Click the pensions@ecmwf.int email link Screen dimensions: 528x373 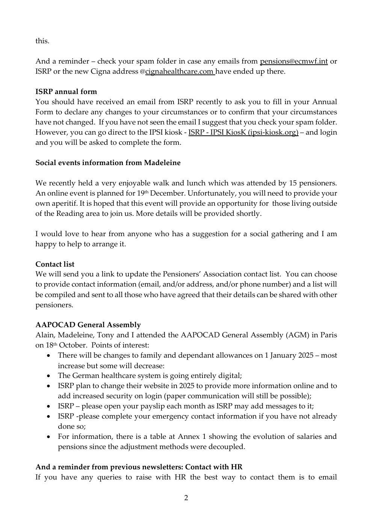pos(294,61)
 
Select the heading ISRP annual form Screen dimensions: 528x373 pos(66,92)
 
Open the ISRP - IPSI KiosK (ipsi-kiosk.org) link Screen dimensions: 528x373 pos(243,132)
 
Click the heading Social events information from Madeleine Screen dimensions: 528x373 pos(108,163)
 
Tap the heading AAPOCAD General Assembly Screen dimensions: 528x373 pos(88,325)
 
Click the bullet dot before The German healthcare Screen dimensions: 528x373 pos(49,376)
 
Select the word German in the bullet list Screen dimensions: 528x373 pos(85,376)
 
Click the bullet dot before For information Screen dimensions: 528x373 pos(49,437)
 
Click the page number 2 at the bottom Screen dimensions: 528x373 pos(186,498)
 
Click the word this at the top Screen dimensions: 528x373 pos(42,41)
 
